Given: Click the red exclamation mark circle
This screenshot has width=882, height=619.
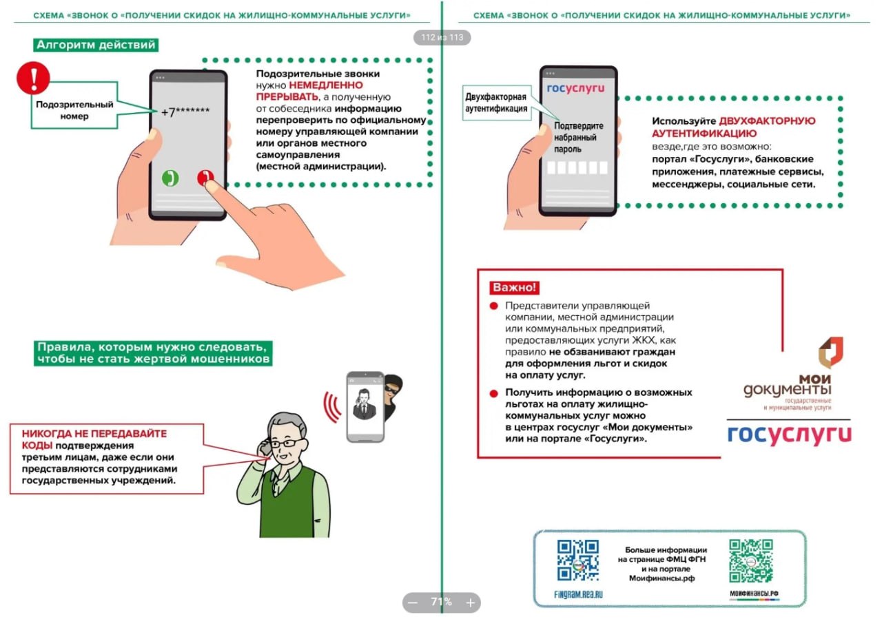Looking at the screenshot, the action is (x=34, y=78).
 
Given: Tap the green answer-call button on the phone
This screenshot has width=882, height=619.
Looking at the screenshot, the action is (x=170, y=178).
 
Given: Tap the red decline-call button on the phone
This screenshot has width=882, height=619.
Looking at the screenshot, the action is (x=205, y=178).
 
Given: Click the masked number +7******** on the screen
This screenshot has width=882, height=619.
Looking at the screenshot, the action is (x=185, y=112).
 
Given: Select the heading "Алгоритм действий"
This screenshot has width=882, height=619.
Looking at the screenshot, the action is (x=96, y=45).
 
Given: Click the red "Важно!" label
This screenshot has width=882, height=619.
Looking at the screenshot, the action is (x=514, y=287).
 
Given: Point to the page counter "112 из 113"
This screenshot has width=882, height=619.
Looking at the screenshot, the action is (x=442, y=37).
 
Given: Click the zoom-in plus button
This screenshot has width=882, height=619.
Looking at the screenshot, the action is (x=470, y=602).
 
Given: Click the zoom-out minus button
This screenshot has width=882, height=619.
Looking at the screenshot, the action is (x=413, y=602).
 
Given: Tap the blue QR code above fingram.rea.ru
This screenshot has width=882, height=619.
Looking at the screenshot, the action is (x=578, y=560).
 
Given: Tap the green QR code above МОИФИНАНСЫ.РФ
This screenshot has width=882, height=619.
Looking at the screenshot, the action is (x=751, y=560).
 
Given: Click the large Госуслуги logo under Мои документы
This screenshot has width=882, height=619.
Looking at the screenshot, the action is (x=790, y=434).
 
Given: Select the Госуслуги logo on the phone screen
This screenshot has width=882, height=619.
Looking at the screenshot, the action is (x=575, y=89).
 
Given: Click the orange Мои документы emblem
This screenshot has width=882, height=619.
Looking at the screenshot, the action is (x=831, y=352).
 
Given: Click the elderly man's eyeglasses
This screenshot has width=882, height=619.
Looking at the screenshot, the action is (x=287, y=443).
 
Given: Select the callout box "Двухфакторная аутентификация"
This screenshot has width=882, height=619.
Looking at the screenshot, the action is (x=497, y=103).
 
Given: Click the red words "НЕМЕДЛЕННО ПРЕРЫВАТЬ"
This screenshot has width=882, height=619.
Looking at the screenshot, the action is (x=309, y=91).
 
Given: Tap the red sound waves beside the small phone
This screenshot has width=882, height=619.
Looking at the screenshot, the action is (x=332, y=407).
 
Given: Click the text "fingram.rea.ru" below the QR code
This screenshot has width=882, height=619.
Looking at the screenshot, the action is (x=578, y=594).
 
